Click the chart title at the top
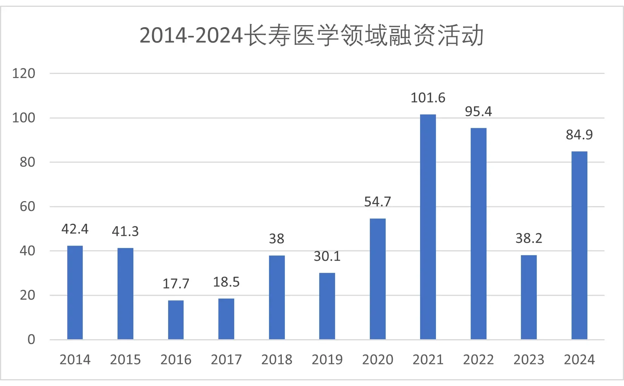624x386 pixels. click(x=312, y=35)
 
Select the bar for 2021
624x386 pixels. click(x=428, y=226)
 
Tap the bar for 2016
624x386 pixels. click(x=176, y=320)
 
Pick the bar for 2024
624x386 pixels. click(x=579, y=245)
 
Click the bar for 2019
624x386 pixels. click(x=327, y=306)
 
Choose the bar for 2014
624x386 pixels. click(x=75, y=292)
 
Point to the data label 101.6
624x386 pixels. click(x=428, y=98)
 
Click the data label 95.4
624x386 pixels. click(x=478, y=111)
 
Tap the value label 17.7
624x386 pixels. click(x=176, y=283)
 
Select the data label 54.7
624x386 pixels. click(x=377, y=201)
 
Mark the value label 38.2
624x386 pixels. click(x=528, y=238)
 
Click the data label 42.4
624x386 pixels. click(x=75, y=229)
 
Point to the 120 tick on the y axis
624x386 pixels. click(x=23, y=73)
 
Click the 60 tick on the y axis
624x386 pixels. click(x=27, y=206)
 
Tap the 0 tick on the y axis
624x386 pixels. click(x=31, y=339)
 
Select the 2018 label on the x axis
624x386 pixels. click(x=276, y=359)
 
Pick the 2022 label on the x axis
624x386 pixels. click(x=478, y=359)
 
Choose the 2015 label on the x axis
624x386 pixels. click(x=125, y=359)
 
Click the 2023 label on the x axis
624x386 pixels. click(x=528, y=359)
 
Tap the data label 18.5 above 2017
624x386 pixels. click(x=226, y=282)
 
